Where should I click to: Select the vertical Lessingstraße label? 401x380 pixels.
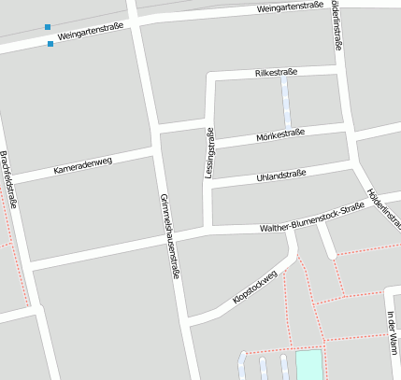pyautogui.click(x=211, y=152)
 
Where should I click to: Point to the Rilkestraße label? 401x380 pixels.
pyautogui.click(x=276, y=73)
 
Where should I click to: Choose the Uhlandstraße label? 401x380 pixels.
pyautogui.click(x=281, y=175)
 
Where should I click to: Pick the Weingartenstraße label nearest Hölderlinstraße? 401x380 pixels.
pyautogui.click(x=290, y=7)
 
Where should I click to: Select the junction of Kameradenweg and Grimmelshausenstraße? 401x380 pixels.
pyautogui.click(x=156, y=150)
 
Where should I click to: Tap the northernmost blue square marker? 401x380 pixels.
pyautogui.click(x=47, y=27)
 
